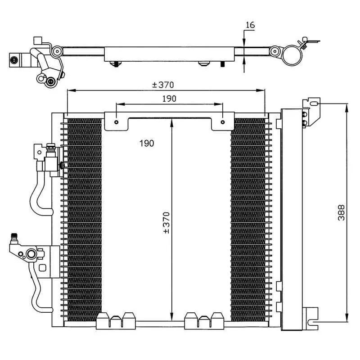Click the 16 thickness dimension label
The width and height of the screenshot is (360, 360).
pyautogui.click(x=250, y=25)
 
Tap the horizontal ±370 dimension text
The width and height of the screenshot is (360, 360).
pyautogui.click(x=163, y=85)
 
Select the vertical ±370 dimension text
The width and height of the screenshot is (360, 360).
pyautogui.click(x=167, y=223)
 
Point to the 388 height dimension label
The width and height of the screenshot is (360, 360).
pyautogui.click(x=341, y=212)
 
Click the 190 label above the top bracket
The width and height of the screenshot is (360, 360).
pyautogui.click(x=169, y=99)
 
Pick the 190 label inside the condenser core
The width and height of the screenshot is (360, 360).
pyautogui.click(x=147, y=143)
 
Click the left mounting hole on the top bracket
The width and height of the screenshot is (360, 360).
pyautogui.click(x=117, y=122)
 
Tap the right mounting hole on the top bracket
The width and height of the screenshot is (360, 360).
pyautogui.click(x=222, y=122)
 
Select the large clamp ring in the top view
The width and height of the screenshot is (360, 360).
pyautogui.click(x=292, y=55)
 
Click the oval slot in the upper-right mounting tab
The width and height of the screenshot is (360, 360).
pyautogui.click(x=314, y=104)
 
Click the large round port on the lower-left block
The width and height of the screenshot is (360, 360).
pyautogui.click(x=31, y=254)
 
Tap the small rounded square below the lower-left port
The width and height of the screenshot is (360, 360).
pyautogui.click(x=42, y=268)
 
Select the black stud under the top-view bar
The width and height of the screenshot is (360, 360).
pyautogui.click(x=222, y=64)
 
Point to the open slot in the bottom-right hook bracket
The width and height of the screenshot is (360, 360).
pyautogui.click(x=313, y=322)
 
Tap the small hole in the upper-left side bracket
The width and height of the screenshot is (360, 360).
pyautogui.click(x=39, y=152)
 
